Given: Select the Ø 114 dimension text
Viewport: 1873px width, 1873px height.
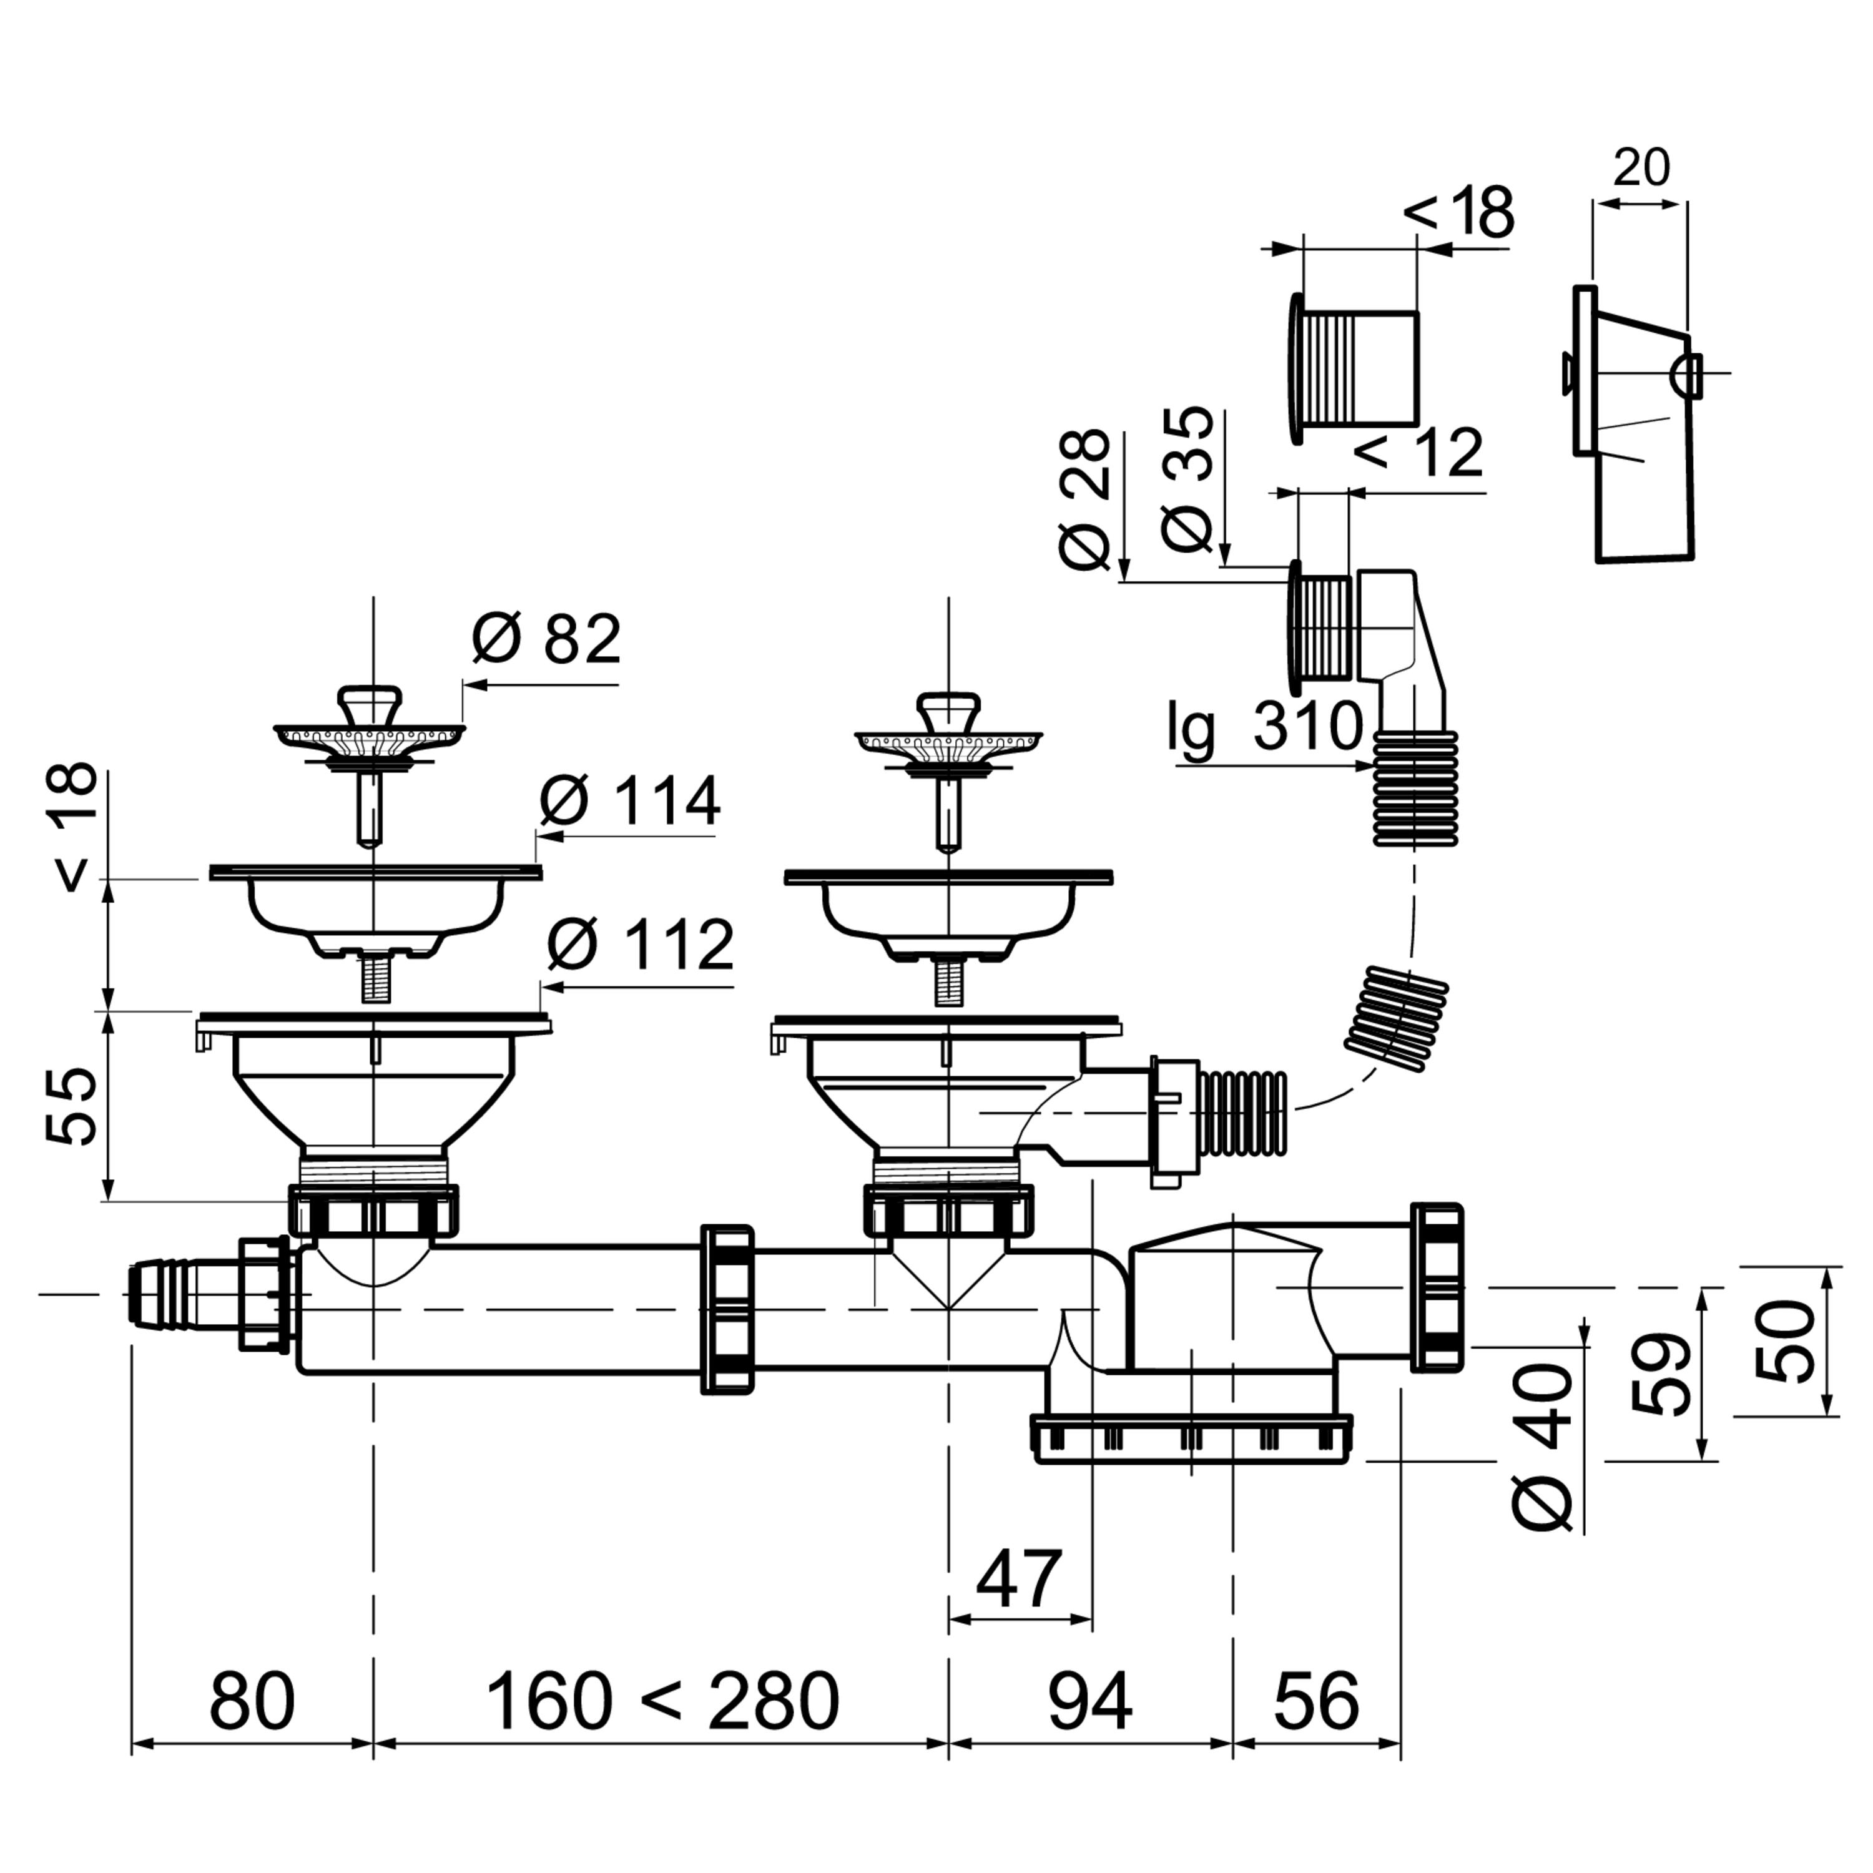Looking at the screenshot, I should [630, 801].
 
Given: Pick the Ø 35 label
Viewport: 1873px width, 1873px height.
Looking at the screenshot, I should [1187, 480].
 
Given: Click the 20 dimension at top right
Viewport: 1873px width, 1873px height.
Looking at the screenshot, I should [1641, 168].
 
